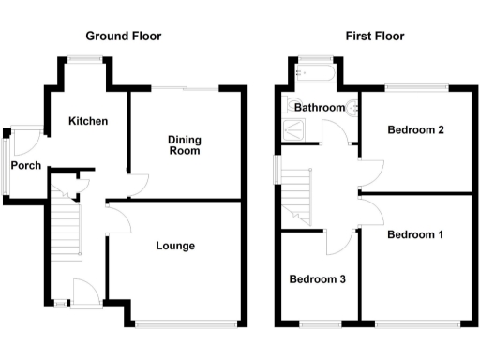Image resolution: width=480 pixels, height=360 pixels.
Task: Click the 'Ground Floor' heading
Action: pos(123,37)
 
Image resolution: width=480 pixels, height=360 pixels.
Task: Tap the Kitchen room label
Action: pos(87,121)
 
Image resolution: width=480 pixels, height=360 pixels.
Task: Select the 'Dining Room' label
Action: pos(185,145)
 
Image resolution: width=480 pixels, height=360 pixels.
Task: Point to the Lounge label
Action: pos(175,246)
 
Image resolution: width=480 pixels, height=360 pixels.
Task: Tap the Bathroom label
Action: pos(320,108)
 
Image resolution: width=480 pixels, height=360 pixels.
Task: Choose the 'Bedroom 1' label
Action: pos(414,234)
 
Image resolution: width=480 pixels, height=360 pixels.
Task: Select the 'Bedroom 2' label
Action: pos(414,129)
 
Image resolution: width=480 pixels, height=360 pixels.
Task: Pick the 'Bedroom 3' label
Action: pos(317,279)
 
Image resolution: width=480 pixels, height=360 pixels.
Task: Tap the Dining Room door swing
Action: pos(138,183)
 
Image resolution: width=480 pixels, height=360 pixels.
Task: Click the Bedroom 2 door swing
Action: pos(371,172)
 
